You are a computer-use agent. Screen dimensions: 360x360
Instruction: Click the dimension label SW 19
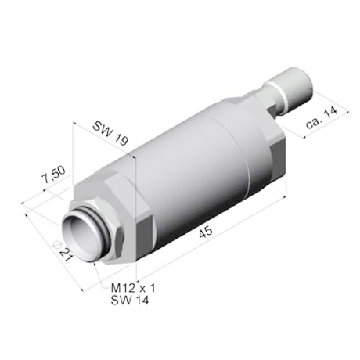pyautogui.click(x=110, y=133)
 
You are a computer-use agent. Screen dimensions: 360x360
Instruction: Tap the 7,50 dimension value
pyautogui.click(x=53, y=175)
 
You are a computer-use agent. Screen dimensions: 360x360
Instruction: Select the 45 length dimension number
pyautogui.click(x=206, y=232)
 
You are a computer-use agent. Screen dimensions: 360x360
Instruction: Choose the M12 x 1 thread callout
pyautogui.click(x=133, y=288)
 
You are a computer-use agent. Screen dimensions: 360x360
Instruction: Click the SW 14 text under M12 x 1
pyautogui.click(x=130, y=301)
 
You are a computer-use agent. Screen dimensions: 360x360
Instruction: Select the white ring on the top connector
pyautogui.click(x=275, y=95)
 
